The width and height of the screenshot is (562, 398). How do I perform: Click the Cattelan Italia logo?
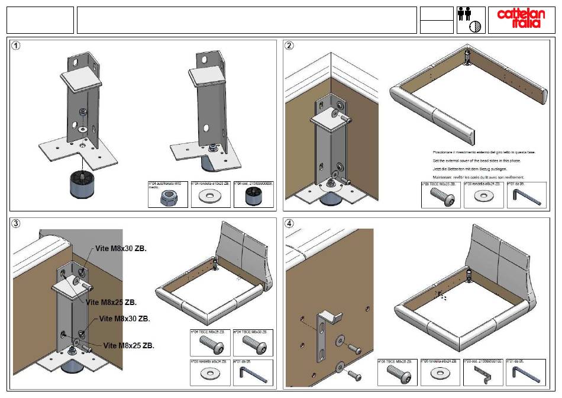518,20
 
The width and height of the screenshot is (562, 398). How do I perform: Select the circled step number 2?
289,46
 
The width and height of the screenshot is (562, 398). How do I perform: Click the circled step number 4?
289,224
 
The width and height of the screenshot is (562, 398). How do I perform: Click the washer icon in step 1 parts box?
210,198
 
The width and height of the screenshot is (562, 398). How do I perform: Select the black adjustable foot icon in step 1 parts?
253,198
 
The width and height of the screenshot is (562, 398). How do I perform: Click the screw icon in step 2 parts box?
440,198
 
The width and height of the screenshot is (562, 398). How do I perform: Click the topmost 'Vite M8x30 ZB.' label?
121,249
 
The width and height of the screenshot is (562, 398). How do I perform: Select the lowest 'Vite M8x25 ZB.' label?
129,346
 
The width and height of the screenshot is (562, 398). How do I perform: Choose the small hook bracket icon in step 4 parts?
484,374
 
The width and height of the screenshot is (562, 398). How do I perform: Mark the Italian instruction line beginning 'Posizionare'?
484,152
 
